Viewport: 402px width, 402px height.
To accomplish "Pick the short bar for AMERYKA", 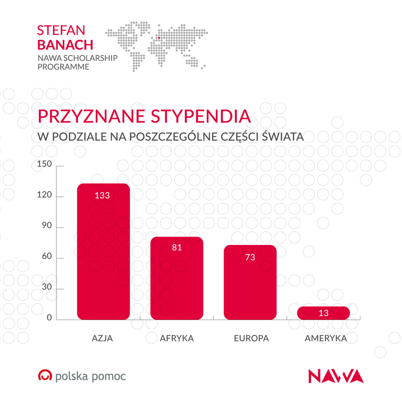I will point(323,313).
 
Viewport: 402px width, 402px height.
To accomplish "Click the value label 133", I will point(102,195).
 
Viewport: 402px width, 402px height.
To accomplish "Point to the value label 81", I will point(176,248).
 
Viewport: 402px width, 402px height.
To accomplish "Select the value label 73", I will point(250,257).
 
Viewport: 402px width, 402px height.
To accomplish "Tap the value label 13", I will point(323,314).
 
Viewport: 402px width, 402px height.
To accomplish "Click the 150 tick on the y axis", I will point(44,165).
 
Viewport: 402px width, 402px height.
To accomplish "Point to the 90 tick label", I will point(46,227).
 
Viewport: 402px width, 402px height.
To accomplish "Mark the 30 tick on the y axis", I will point(46,288).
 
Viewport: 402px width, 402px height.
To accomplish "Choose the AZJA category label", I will point(103,338).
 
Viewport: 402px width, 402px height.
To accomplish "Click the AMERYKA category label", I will point(326,338).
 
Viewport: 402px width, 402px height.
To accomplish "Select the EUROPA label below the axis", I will point(251,338).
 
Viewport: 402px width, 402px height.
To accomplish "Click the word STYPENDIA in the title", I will point(201,116).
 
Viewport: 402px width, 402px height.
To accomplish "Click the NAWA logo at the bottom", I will point(336,376).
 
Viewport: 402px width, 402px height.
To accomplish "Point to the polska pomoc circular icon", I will point(45,376).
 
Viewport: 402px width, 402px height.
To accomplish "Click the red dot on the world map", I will point(159,38).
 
